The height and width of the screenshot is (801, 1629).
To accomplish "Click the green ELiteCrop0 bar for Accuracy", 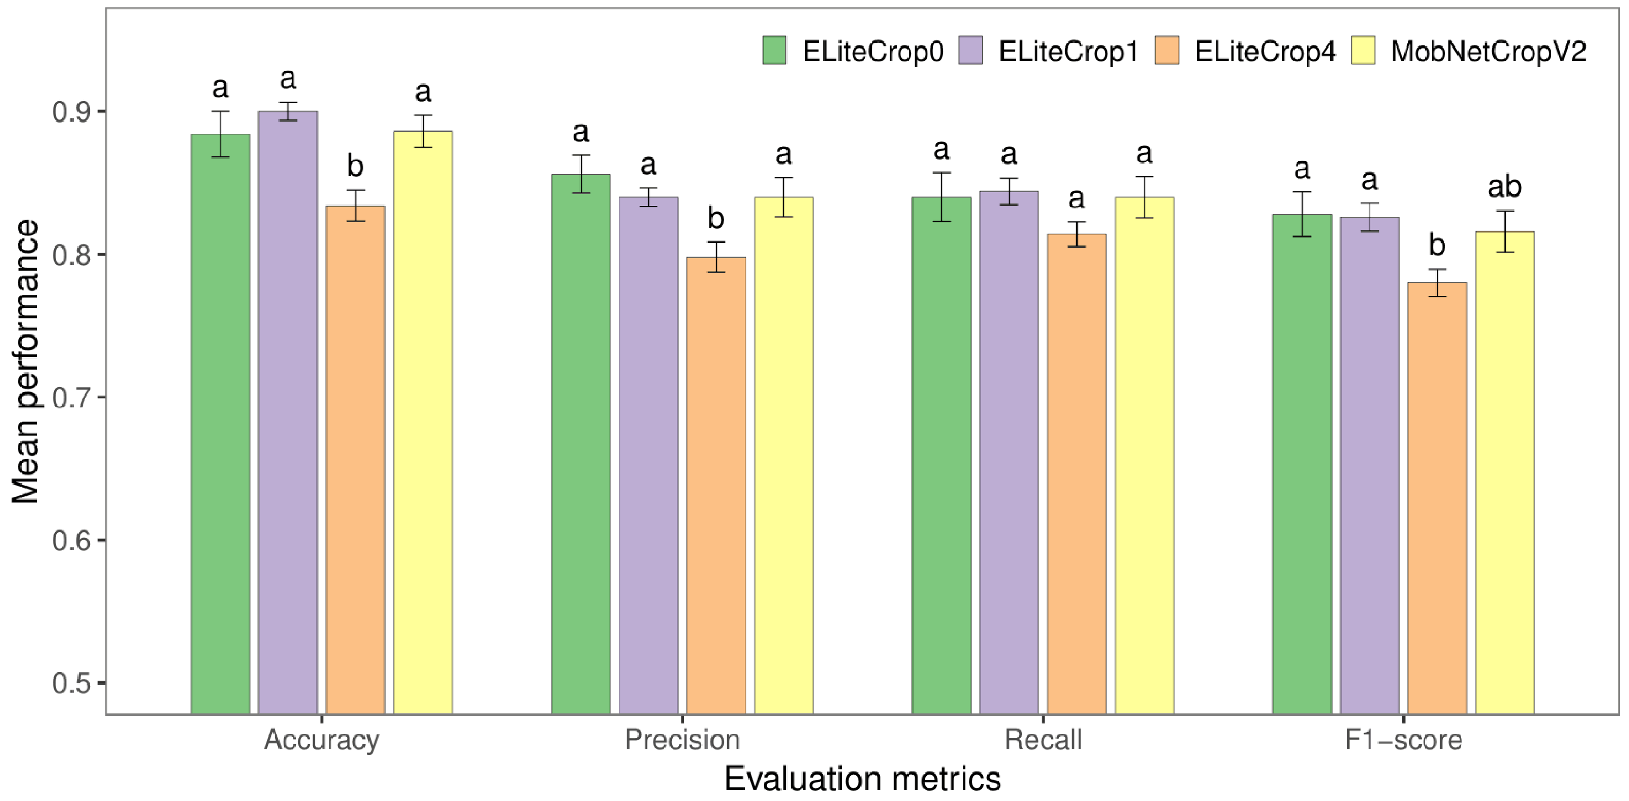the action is point(220,424).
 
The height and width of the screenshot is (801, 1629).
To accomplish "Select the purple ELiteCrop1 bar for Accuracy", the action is point(287,412).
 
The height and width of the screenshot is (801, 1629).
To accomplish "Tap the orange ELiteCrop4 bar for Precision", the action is point(716,485).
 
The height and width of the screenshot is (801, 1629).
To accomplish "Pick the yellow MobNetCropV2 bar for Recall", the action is point(1144,456).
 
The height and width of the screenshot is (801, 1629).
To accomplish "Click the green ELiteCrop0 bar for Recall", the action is point(942,456).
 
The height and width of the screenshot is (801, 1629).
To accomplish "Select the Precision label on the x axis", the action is point(682,739).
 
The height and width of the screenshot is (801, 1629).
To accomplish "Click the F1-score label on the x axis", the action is point(1403,739).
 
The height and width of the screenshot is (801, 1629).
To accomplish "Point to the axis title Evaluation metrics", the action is point(862,779).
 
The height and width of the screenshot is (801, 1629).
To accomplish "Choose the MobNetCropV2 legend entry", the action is point(1469,51).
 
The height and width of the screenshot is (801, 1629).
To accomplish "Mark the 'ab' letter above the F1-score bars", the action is point(1504,187).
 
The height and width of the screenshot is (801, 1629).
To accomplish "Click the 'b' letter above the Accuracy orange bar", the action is point(355,166).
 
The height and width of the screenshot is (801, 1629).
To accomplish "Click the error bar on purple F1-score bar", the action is point(1370,217).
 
